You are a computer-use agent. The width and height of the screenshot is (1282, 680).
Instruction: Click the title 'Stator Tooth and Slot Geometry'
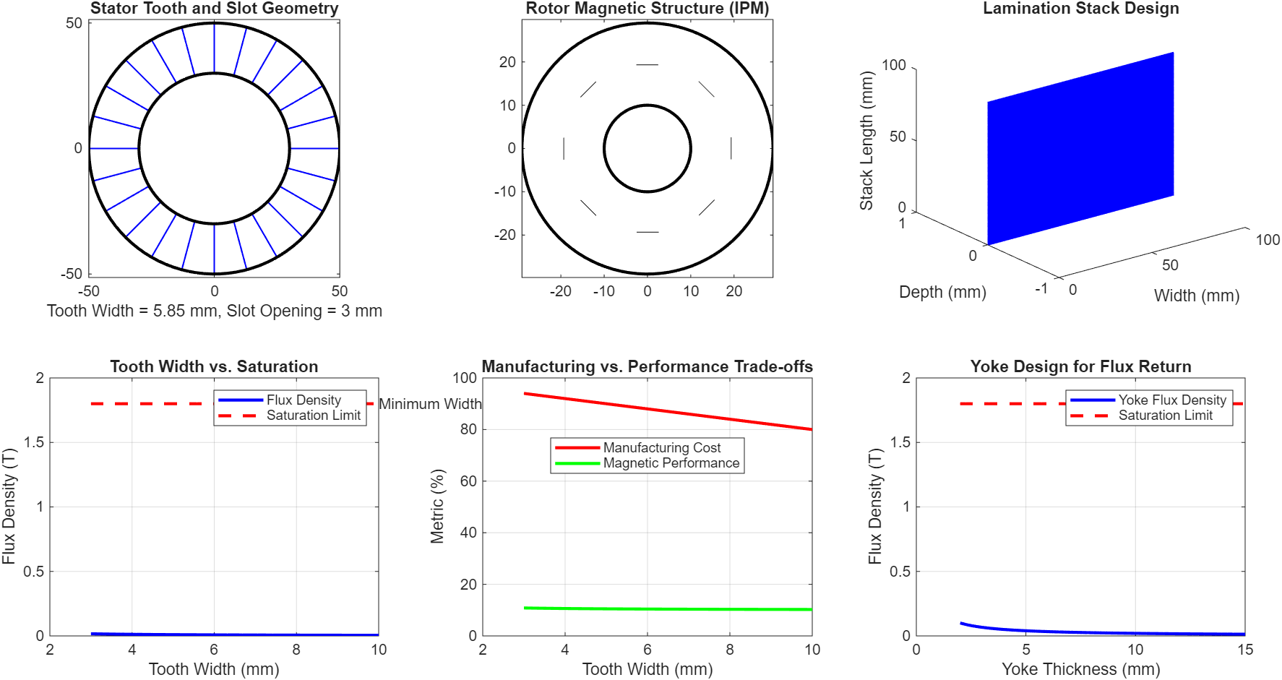point(214,9)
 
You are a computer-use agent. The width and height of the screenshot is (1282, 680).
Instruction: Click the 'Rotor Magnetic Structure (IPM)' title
point(647,9)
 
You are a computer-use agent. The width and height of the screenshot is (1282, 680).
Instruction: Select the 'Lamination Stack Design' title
point(1080,9)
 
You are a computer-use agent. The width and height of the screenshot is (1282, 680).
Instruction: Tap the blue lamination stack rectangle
point(1080,148)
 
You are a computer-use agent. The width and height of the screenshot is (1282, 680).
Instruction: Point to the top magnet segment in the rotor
point(647,65)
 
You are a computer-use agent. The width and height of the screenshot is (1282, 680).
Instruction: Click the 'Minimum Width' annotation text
point(430,404)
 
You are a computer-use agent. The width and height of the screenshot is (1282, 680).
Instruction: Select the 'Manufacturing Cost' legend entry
point(662,448)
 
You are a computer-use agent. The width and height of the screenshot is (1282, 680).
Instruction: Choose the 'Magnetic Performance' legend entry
point(671,463)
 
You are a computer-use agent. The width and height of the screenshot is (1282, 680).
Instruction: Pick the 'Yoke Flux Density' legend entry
point(1172,400)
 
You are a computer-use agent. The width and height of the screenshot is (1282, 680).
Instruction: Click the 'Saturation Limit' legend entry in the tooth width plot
point(313,416)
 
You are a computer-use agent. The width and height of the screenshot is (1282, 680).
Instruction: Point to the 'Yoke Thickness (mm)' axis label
point(1080,669)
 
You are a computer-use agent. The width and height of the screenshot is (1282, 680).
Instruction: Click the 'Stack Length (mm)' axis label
point(866,141)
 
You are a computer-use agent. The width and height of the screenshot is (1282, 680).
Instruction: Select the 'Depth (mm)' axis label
point(942,292)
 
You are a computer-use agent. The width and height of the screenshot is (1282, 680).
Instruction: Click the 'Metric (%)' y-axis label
point(437,506)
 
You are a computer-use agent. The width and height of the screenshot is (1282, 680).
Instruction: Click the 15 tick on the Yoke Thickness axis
point(1244,650)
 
